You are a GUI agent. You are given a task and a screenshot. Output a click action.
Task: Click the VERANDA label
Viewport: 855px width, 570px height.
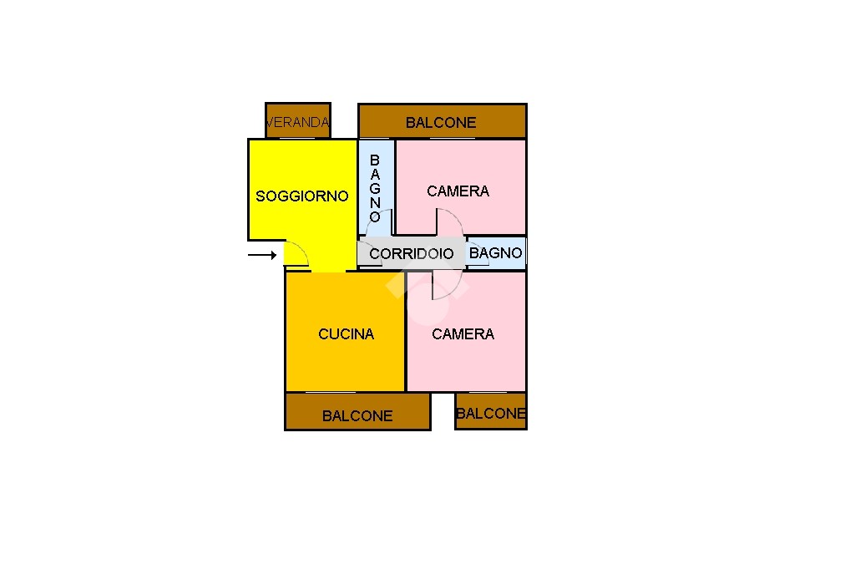[x=298, y=122]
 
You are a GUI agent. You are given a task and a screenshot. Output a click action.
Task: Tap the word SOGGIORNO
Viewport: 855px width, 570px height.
[x=302, y=196]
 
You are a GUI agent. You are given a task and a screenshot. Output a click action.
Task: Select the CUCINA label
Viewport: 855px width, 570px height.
[x=347, y=334]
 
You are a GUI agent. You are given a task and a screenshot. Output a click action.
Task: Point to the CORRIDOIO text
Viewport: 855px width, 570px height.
[x=412, y=254]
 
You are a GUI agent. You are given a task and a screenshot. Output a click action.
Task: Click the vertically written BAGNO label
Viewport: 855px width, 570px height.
[x=375, y=188]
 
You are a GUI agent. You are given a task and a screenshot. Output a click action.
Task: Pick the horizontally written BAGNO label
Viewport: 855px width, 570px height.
[x=496, y=253]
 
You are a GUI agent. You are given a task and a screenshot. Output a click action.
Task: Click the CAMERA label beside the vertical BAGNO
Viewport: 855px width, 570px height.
[x=458, y=191]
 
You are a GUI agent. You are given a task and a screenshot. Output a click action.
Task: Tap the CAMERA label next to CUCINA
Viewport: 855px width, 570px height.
[x=463, y=334]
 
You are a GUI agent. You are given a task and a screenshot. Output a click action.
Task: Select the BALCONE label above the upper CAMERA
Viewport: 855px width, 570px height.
[x=441, y=123]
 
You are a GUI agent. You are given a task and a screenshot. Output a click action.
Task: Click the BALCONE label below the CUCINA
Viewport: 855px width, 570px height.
[x=357, y=416]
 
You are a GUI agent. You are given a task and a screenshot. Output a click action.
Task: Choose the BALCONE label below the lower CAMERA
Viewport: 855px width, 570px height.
[x=491, y=414]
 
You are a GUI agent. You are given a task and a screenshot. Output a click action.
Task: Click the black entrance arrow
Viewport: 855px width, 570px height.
[x=262, y=255]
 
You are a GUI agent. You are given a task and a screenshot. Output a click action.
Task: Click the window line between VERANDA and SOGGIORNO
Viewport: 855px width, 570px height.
[x=298, y=139]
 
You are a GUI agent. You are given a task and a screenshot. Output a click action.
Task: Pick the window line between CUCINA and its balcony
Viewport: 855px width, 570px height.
[x=331, y=392]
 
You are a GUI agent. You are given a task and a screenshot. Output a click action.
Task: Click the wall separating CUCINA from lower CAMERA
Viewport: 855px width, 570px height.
[x=406, y=332]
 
